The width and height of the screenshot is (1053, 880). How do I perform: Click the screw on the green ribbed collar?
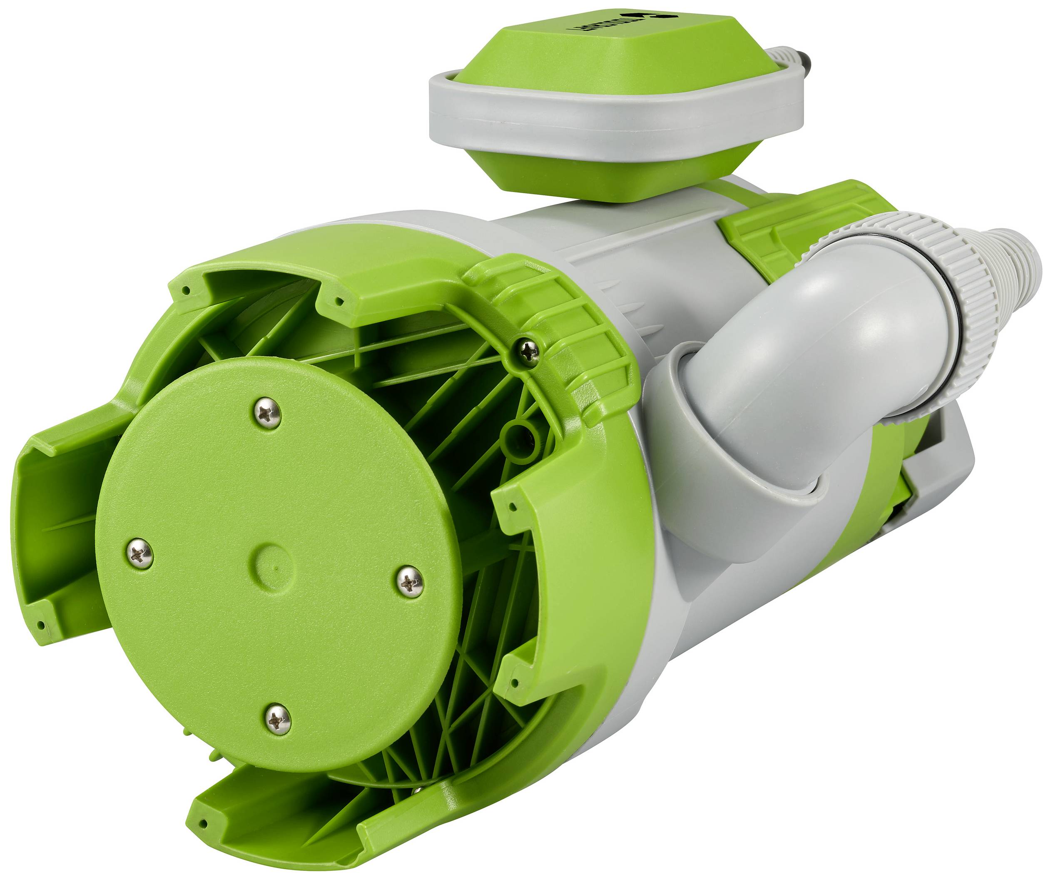click(530, 352)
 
